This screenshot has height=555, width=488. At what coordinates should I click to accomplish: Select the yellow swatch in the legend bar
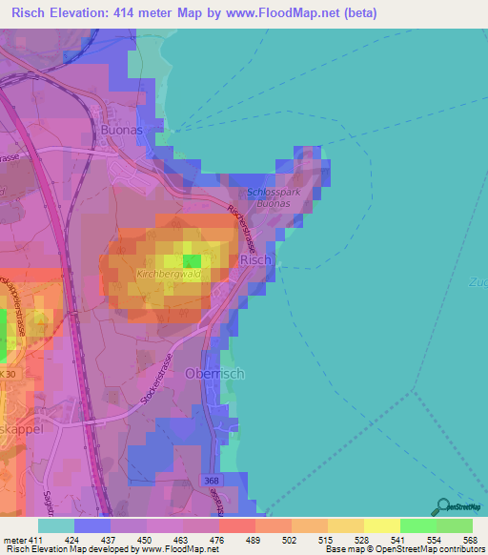[381, 525]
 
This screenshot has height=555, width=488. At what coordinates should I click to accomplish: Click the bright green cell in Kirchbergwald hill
[219, 260]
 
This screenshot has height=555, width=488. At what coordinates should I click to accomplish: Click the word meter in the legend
[15, 540]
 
